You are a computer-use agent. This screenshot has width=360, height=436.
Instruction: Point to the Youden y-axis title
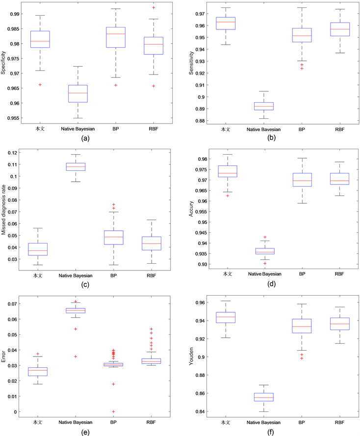tap(191, 356)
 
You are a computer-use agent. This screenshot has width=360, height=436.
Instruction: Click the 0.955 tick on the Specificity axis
tap(12, 118)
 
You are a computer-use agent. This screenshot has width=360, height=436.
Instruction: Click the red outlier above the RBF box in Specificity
tap(154, 8)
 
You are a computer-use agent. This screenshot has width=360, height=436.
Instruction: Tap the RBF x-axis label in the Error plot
tap(154, 421)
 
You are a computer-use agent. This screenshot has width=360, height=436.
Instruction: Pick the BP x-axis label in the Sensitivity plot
tap(302, 130)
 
